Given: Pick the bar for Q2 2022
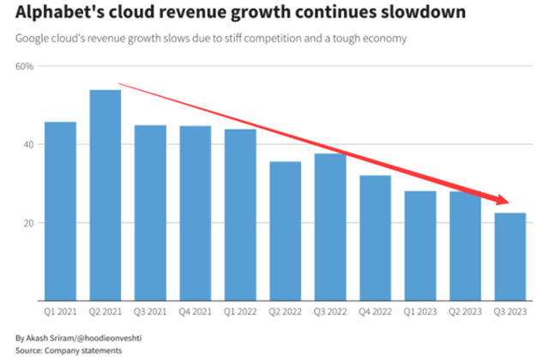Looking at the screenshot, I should tap(284, 231).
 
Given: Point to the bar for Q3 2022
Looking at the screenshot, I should tap(329, 227).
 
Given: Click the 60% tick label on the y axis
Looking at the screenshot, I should tap(24, 66).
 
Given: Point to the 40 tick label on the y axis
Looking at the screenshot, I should tap(27, 145).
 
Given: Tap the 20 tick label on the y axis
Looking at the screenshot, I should tap(27, 223).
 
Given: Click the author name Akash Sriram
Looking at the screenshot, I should tap(51, 338).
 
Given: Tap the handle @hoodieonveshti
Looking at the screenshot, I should tap(106, 338).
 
